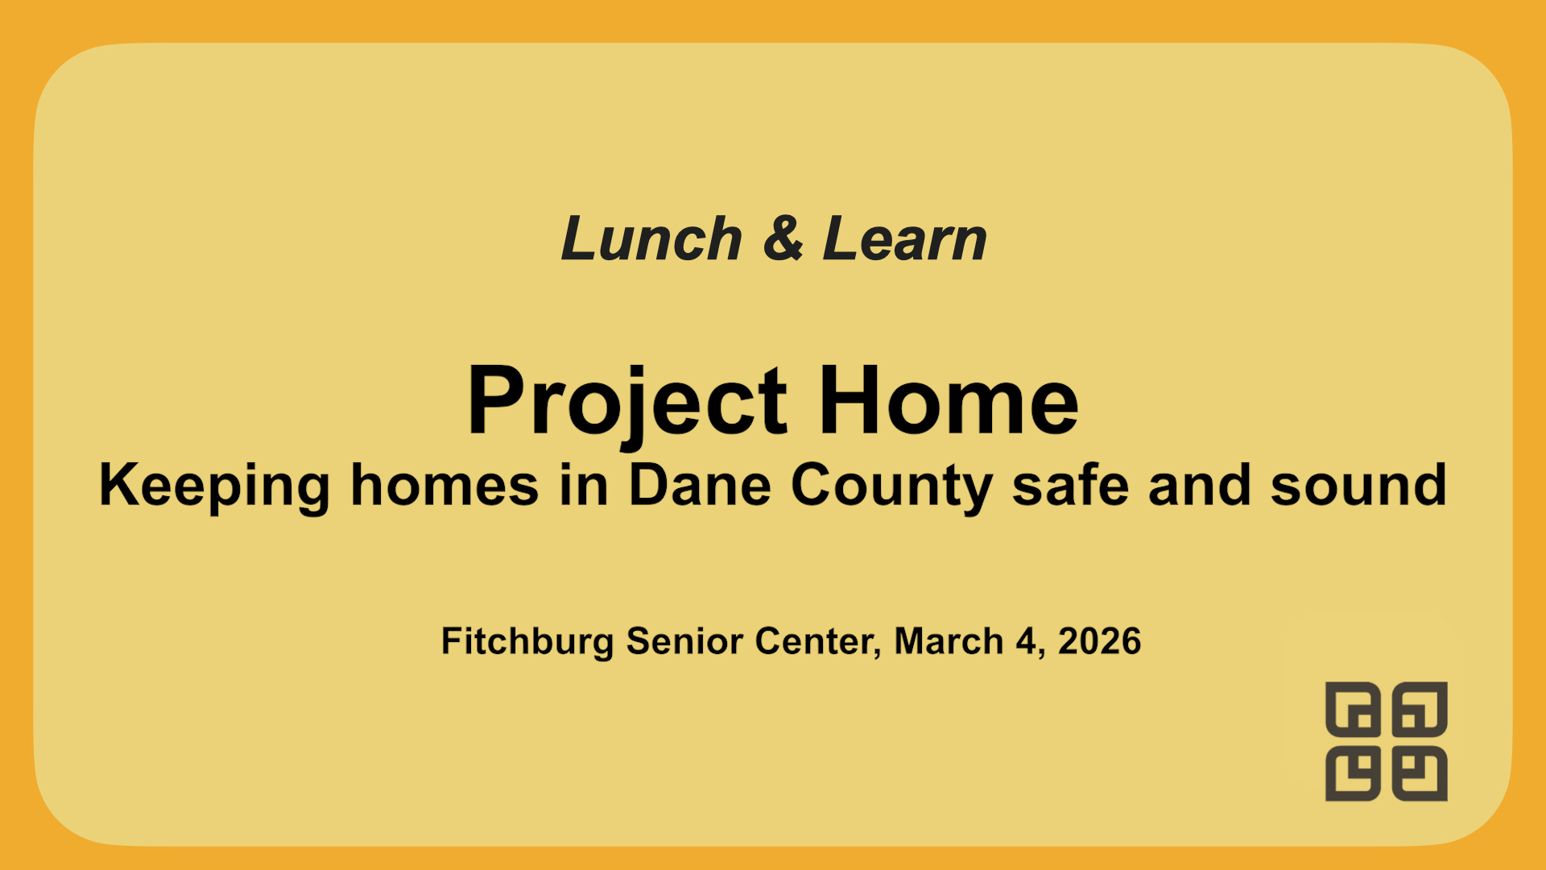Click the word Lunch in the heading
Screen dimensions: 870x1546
click(x=651, y=239)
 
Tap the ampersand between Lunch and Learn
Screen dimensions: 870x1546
click(x=783, y=239)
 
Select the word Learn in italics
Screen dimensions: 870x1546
click(x=904, y=239)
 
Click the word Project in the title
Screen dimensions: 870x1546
click(x=626, y=401)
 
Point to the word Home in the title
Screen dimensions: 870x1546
click(x=949, y=401)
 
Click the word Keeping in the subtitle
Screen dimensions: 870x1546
click(x=214, y=486)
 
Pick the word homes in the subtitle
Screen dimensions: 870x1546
click(x=444, y=486)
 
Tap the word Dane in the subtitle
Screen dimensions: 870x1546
click(x=700, y=486)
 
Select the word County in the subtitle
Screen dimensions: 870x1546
click(x=891, y=486)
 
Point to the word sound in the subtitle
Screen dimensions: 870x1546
click(x=1358, y=486)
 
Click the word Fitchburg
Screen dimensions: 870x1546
click(x=527, y=641)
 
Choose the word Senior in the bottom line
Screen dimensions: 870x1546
click(x=684, y=641)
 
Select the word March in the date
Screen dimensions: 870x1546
click(x=949, y=641)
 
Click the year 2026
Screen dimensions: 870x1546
click(x=1099, y=641)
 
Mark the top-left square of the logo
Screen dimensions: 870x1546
click(x=1353, y=709)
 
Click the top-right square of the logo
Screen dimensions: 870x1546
click(x=1420, y=709)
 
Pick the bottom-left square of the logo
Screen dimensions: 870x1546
click(x=1353, y=774)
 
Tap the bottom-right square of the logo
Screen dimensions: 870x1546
click(x=1420, y=774)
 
